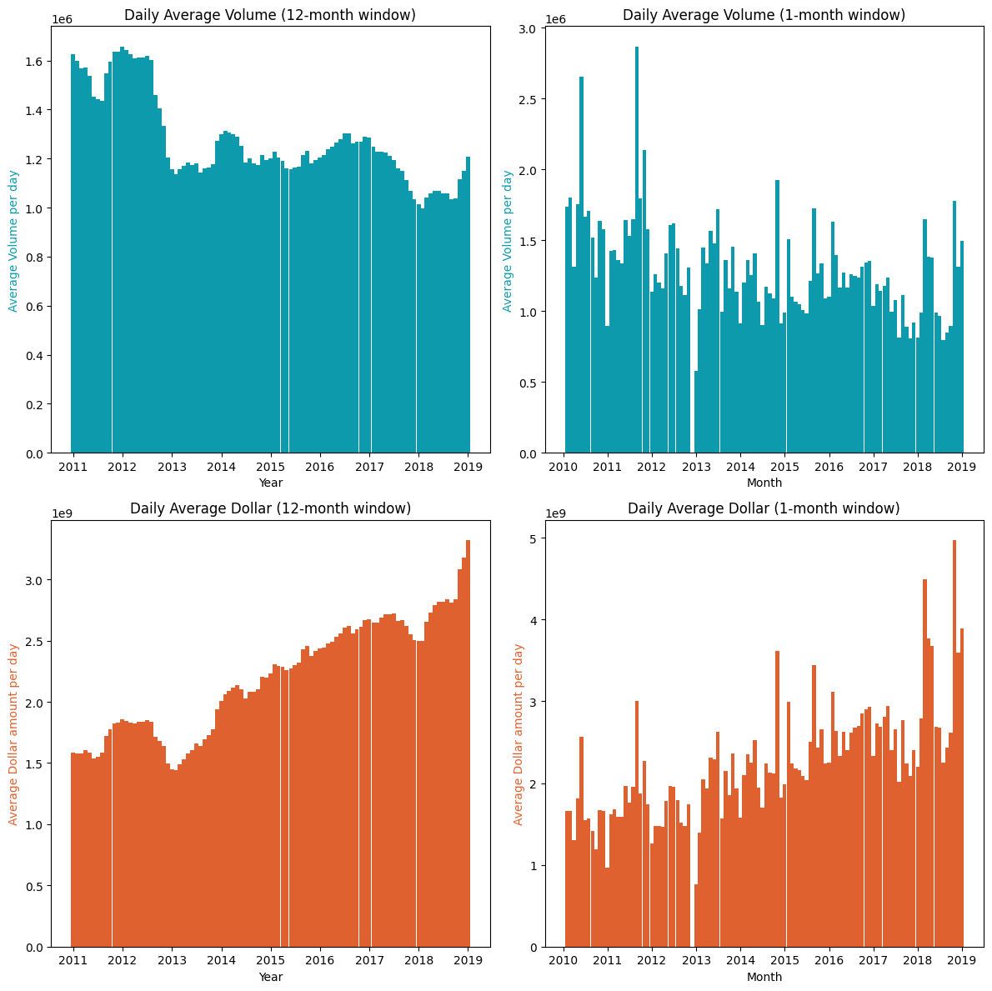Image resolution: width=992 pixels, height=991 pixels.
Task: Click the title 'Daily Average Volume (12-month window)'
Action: tap(270, 15)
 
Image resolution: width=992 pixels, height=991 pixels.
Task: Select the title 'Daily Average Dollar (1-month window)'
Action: tap(764, 508)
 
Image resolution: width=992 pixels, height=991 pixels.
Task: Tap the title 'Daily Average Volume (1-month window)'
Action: tap(764, 15)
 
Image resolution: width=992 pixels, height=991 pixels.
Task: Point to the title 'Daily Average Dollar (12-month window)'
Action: tap(270, 508)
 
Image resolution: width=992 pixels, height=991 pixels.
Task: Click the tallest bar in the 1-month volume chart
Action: tap(637, 250)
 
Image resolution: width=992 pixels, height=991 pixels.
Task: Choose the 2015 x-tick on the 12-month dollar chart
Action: tap(270, 961)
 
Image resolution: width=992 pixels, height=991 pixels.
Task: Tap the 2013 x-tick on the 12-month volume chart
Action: tap(172, 468)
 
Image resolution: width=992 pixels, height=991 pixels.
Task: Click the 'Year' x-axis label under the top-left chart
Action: tap(270, 483)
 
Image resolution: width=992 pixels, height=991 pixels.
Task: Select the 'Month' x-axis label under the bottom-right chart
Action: tap(764, 976)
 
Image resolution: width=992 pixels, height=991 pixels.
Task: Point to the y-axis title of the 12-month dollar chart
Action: tap(13, 734)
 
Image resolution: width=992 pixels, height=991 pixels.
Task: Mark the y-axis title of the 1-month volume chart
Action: tap(508, 241)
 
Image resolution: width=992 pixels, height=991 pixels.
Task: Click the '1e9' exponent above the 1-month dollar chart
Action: tap(555, 513)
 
